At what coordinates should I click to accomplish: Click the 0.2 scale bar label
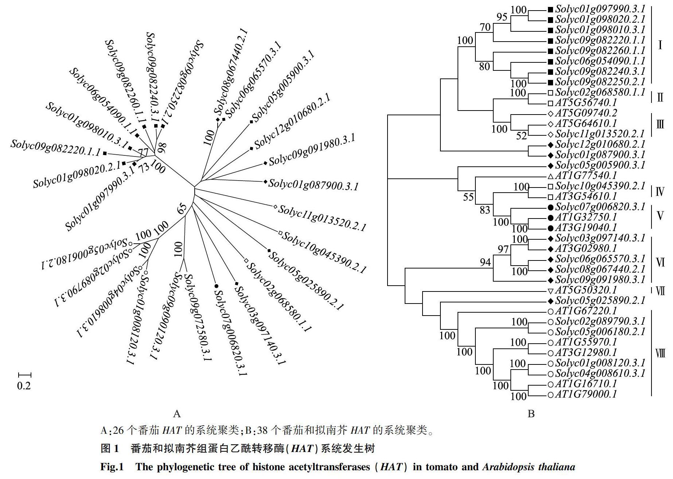pyautogui.click(x=24, y=386)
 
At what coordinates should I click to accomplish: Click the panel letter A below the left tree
pyautogui.click(x=177, y=414)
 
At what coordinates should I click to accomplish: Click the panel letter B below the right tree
pyautogui.click(x=531, y=414)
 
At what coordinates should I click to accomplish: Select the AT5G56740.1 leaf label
pyautogui.click(x=586, y=103)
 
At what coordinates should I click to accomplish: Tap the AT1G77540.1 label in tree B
pyautogui.click(x=586, y=176)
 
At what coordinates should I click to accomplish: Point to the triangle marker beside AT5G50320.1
pyautogui.click(x=551, y=291)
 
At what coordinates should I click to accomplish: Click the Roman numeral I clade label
pyautogui.click(x=660, y=45)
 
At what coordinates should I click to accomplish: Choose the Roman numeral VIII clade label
pyautogui.click(x=660, y=353)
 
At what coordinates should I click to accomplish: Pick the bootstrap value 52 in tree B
pyautogui.click(x=522, y=136)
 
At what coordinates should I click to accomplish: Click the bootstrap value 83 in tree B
pyautogui.click(x=485, y=210)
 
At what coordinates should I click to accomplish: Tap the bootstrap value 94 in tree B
pyautogui.click(x=485, y=262)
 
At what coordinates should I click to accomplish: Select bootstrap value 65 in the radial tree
pyautogui.click(x=182, y=209)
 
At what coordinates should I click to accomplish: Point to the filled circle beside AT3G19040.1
pyautogui.click(x=551, y=228)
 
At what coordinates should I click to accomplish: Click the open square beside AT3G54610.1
pyautogui.click(x=551, y=197)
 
